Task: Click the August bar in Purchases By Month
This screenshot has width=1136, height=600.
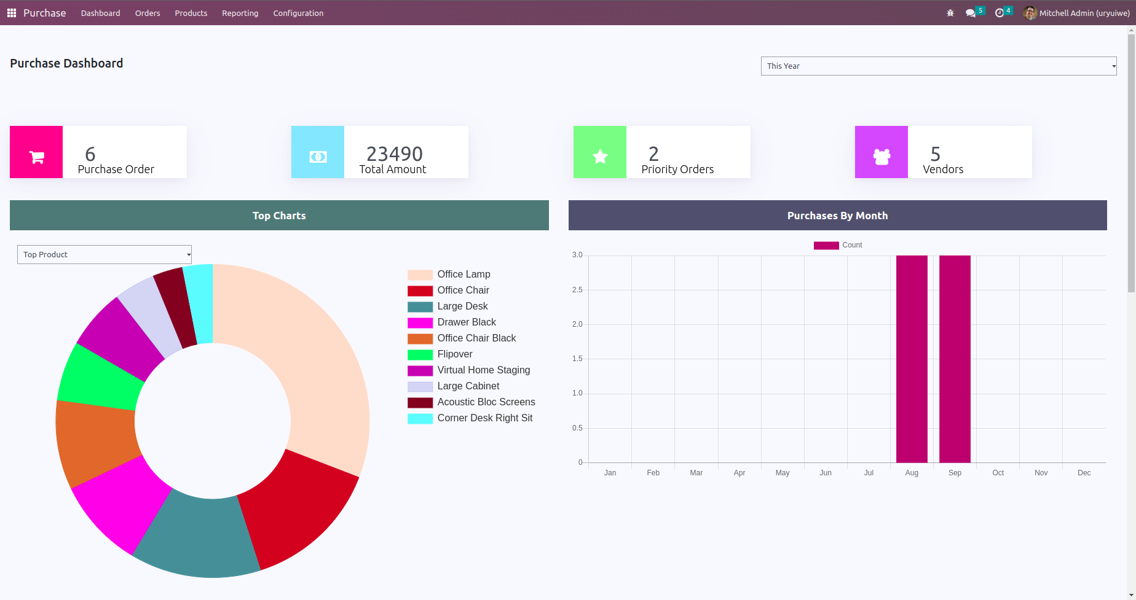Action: tap(912, 359)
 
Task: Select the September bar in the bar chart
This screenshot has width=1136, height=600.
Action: tap(955, 359)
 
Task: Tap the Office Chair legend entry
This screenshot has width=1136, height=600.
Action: tap(463, 290)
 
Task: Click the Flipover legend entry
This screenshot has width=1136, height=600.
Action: tap(454, 354)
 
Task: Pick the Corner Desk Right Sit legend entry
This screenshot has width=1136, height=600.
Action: tap(484, 418)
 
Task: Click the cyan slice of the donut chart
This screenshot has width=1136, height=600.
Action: tap(199, 303)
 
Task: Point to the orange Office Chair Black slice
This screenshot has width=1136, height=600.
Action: tap(95, 442)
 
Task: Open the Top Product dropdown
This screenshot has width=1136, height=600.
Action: tap(105, 255)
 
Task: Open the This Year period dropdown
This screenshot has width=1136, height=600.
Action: tap(938, 66)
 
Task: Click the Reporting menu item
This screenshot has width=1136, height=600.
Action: tap(240, 13)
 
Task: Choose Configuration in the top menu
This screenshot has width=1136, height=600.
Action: tap(298, 13)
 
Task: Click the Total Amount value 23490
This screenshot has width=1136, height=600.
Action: tap(395, 154)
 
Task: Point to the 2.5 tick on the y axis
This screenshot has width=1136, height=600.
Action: tap(577, 290)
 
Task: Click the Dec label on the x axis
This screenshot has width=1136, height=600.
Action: tap(1084, 473)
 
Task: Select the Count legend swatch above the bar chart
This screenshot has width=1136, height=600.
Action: tap(826, 246)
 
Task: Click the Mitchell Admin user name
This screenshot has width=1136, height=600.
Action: tap(1084, 13)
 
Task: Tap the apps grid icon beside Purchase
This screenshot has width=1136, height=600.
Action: tap(12, 13)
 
